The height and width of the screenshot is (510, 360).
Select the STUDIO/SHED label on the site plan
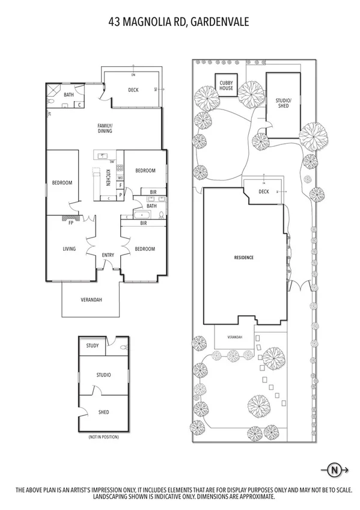tap(282, 103)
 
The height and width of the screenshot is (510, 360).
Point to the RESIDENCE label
tap(243, 257)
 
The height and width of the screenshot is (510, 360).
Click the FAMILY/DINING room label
tap(106, 128)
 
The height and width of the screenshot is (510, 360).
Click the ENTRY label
tap(108, 256)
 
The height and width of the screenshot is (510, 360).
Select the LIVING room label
tap(70, 248)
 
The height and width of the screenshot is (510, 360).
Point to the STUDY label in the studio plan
tap(93, 346)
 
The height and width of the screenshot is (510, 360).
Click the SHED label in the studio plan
tap(103, 412)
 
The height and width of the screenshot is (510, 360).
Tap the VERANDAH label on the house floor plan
tap(91, 300)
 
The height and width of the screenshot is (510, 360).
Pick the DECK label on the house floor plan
tap(133, 90)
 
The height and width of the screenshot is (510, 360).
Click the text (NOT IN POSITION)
tap(103, 436)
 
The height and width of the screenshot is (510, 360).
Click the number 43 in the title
tap(115, 22)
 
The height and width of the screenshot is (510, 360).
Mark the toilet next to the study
tap(123, 347)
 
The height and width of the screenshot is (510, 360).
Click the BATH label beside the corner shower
tap(69, 94)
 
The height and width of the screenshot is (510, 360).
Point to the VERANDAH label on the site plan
tap(234, 337)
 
